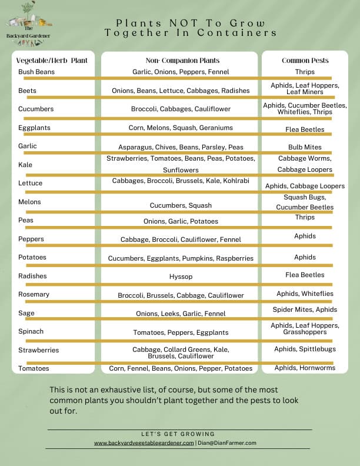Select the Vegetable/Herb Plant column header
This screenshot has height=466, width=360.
(53, 61)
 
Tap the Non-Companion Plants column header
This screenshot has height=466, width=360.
(182, 61)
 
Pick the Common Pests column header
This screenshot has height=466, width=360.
(305, 61)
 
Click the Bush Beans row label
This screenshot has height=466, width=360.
(36, 72)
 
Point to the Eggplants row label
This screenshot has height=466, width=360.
(34, 127)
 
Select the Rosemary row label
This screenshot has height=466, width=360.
(34, 294)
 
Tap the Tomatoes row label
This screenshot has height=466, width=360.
(34, 368)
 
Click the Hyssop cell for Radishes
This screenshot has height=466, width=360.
(181, 276)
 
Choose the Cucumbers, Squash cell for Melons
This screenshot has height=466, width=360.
(181, 205)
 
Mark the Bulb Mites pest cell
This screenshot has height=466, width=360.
(305, 147)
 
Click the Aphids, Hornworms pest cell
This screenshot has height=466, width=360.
(305, 368)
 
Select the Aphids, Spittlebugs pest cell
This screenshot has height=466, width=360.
(305, 349)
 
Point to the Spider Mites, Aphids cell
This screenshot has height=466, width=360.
(305, 309)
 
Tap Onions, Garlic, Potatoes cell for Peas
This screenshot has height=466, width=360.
(181, 221)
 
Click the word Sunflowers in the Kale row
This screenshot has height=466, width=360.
(181, 170)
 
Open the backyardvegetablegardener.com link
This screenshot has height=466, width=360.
(144, 443)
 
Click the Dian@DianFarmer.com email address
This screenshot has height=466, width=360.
(227, 443)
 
